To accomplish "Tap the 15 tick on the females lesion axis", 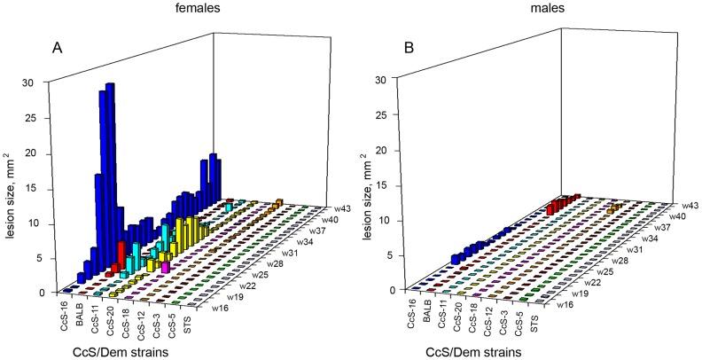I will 53,188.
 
